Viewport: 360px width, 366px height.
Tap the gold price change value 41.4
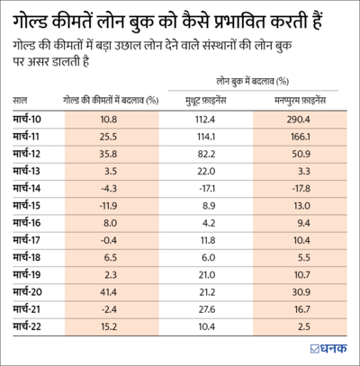click(109, 293)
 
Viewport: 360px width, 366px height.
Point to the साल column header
click(23, 100)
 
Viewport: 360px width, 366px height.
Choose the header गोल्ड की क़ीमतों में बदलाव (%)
click(109, 100)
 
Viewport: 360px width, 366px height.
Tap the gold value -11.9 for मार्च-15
click(109, 206)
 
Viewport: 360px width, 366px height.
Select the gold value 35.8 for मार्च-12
click(109, 154)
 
